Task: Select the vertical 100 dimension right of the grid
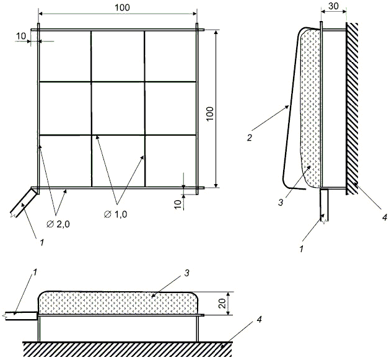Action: [x=210, y=112]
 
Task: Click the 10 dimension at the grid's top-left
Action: [x=21, y=36]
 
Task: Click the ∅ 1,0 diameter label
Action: [x=116, y=214]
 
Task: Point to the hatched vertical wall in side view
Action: [x=352, y=105]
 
